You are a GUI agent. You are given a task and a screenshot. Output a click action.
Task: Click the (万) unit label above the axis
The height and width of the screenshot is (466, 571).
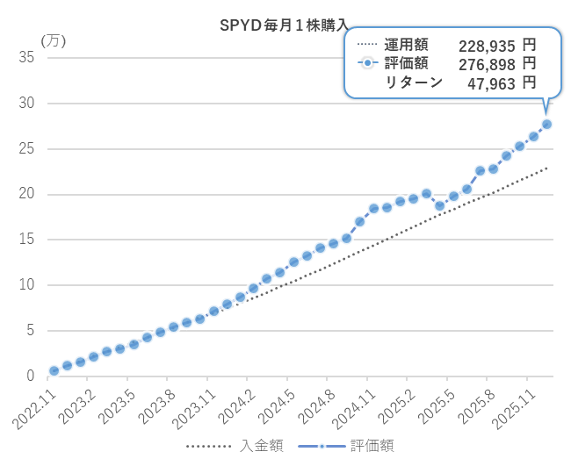pos(54,40)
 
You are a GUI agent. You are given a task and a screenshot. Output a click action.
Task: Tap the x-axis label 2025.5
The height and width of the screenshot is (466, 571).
pos(433,405)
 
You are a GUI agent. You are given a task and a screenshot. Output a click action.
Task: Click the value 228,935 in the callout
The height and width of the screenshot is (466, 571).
pos(488,45)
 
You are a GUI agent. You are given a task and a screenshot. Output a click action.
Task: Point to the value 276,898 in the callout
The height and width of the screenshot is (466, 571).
pos(488,64)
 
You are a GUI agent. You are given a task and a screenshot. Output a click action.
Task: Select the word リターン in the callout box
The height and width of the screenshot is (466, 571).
pos(414,83)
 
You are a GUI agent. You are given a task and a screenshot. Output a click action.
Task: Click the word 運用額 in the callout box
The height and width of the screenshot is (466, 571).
pos(406,45)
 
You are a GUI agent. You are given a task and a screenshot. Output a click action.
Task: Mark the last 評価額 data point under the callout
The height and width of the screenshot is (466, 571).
pos(546,124)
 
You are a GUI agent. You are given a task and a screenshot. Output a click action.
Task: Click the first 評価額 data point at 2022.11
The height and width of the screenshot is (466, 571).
pos(54,371)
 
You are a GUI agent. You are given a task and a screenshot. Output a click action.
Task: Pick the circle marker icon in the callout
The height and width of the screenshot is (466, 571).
pos(368,64)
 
